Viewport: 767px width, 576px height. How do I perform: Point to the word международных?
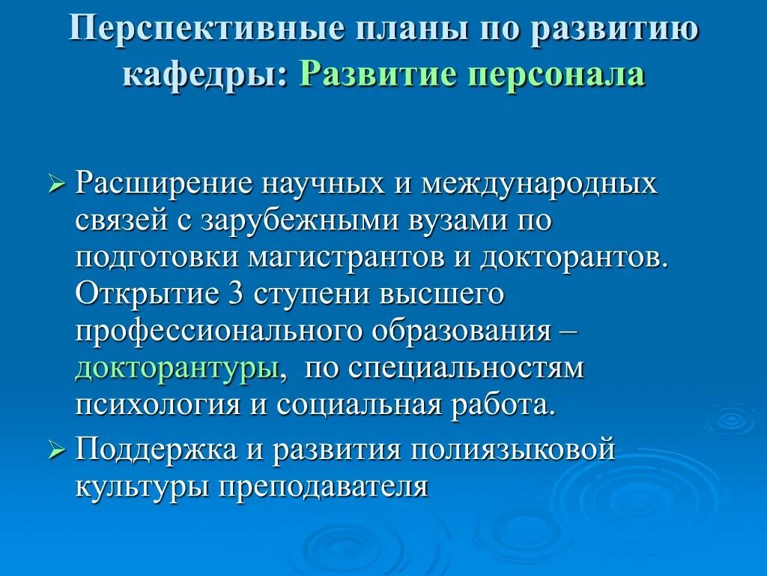(539, 184)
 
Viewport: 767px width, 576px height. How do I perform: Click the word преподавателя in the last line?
(324, 488)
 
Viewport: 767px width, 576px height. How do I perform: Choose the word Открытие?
(142, 295)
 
